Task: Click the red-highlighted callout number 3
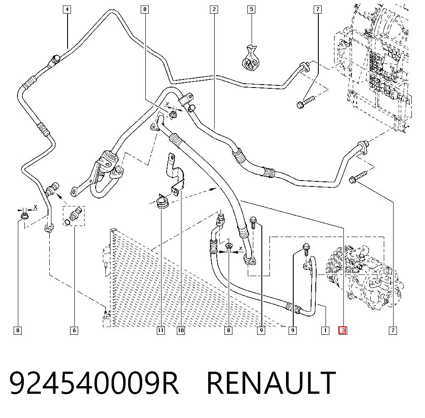tap(343, 330)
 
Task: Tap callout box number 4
tap(67, 9)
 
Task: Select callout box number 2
tap(214, 9)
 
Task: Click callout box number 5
tap(252, 9)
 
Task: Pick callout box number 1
tap(325, 330)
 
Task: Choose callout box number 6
tap(74, 330)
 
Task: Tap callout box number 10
tap(181, 330)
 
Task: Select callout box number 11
tap(161, 330)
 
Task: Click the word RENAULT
tap(271, 382)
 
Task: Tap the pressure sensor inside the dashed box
tap(75, 214)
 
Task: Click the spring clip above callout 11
tap(162, 201)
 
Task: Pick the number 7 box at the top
tap(317, 9)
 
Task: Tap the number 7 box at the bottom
tap(393, 330)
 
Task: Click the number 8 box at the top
tap(145, 9)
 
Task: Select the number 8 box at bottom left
tap(17, 330)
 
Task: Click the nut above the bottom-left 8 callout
tap(24, 216)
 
